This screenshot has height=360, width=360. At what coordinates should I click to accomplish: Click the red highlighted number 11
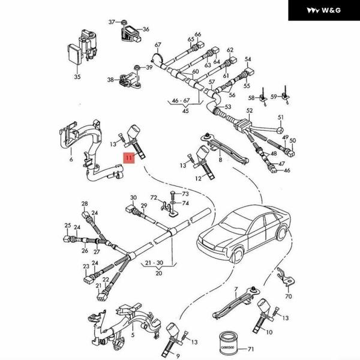128,158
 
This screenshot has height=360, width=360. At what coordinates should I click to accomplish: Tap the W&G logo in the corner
323,10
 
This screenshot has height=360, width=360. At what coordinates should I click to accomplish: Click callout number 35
77,77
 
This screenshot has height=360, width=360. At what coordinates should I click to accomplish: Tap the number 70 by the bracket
289,296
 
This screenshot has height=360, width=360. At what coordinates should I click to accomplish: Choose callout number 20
159,273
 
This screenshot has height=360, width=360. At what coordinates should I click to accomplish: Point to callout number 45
185,111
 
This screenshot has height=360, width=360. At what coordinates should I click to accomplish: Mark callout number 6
71,160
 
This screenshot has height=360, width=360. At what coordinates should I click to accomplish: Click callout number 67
158,45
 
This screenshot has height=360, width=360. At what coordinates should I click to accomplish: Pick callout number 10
268,332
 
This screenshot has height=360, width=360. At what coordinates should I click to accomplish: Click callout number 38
110,79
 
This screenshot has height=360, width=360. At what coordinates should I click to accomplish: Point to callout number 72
153,197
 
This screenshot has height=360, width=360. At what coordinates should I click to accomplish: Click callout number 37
111,22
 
